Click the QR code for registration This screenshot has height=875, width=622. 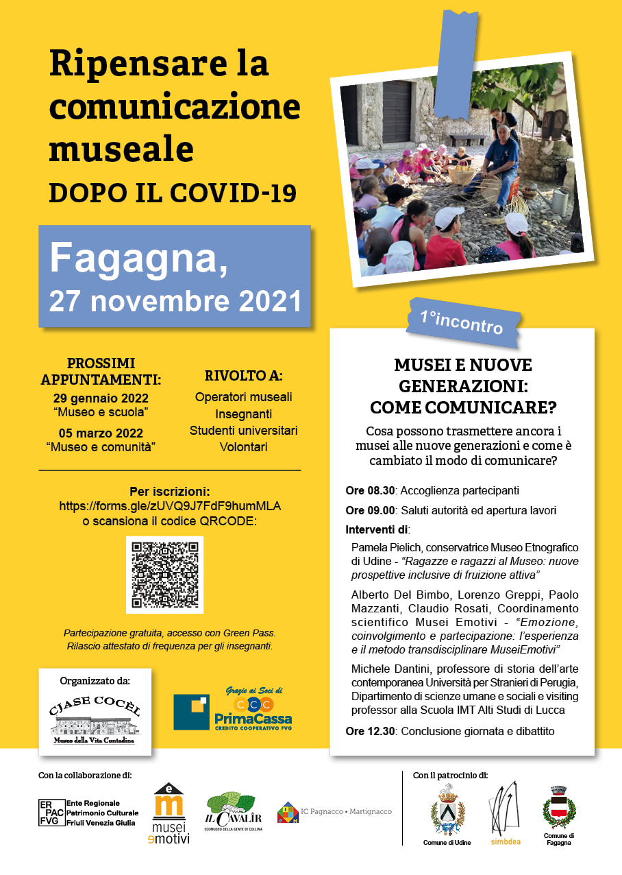pyautogui.click(x=164, y=575)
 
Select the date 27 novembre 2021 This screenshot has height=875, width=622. pyautogui.click(x=175, y=301)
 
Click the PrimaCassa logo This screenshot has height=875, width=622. pyautogui.click(x=233, y=710)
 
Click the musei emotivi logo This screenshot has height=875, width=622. pyautogui.click(x=170, y=814)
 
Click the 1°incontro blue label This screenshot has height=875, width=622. pyautogui.click(x=462, y=321)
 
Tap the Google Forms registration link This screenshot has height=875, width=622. pyautogui.click(x=171, y=506)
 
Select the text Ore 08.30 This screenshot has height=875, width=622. pyautogui.click(x=370, y=491)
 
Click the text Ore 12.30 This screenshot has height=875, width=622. pyautogui.click(x=370, y=732)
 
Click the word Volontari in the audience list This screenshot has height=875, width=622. pyautogui.click(x=243, y=447)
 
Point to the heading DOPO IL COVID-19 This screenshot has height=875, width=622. pyautogui.click(x=173, y=193)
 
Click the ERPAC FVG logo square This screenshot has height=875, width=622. pyautogui.click(x=51, y=813)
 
